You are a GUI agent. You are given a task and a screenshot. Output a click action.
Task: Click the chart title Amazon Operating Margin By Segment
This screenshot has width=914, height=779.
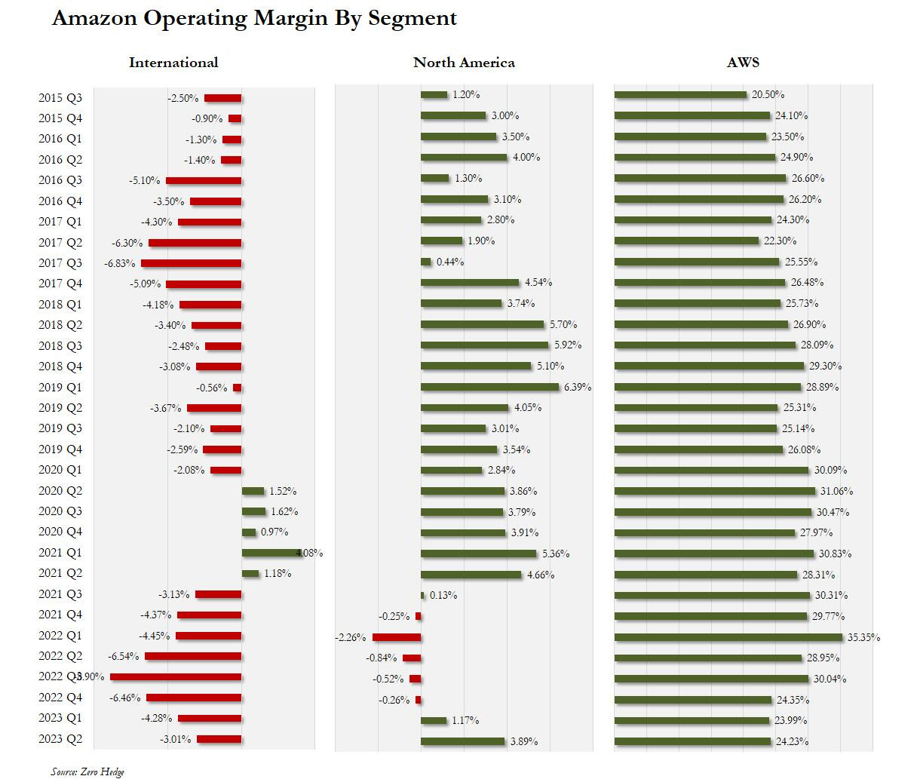[x=254, y=19]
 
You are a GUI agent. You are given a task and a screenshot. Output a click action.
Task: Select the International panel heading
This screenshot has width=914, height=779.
[x=173, y=63]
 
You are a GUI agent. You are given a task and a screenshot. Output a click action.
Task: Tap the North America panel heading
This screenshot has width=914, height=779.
[x=464, y=63]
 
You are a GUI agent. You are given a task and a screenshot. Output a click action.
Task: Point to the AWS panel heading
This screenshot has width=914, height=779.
[x=743, y=63]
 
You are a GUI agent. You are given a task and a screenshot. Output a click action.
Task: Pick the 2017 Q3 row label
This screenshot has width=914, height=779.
[x=60, y=263]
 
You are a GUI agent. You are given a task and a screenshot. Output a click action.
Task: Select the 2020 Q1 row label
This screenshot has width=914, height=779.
[x=60, y=470]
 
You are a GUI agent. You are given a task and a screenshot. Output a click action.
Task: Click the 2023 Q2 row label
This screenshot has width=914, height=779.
[x=60, y=739]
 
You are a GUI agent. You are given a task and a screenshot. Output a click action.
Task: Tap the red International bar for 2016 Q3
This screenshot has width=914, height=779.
[x=204, y=181]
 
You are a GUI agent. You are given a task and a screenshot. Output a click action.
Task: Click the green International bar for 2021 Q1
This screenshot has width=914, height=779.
[x=271, y=553]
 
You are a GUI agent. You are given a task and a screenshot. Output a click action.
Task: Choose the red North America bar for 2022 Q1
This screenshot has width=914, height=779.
[x=397, y=637]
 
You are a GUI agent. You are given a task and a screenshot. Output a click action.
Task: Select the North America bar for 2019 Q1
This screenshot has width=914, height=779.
[x=490, y=387]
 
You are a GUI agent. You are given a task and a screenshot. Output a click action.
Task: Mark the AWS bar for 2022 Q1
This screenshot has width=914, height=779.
[x=728, y=637]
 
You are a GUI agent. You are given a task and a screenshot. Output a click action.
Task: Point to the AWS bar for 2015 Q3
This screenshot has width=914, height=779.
[x=680, y=95]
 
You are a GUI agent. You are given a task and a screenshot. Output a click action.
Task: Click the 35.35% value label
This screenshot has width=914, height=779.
[x=863, y=637]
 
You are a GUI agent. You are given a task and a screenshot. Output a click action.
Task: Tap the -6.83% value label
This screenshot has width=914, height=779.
[x=119, y=263]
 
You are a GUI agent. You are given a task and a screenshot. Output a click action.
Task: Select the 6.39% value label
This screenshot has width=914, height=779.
[x=578, y=387]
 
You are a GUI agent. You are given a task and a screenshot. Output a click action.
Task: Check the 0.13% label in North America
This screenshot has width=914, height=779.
[x=443, y=595]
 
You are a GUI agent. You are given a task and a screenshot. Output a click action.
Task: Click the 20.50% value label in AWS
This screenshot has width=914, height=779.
[x=768, y=95]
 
